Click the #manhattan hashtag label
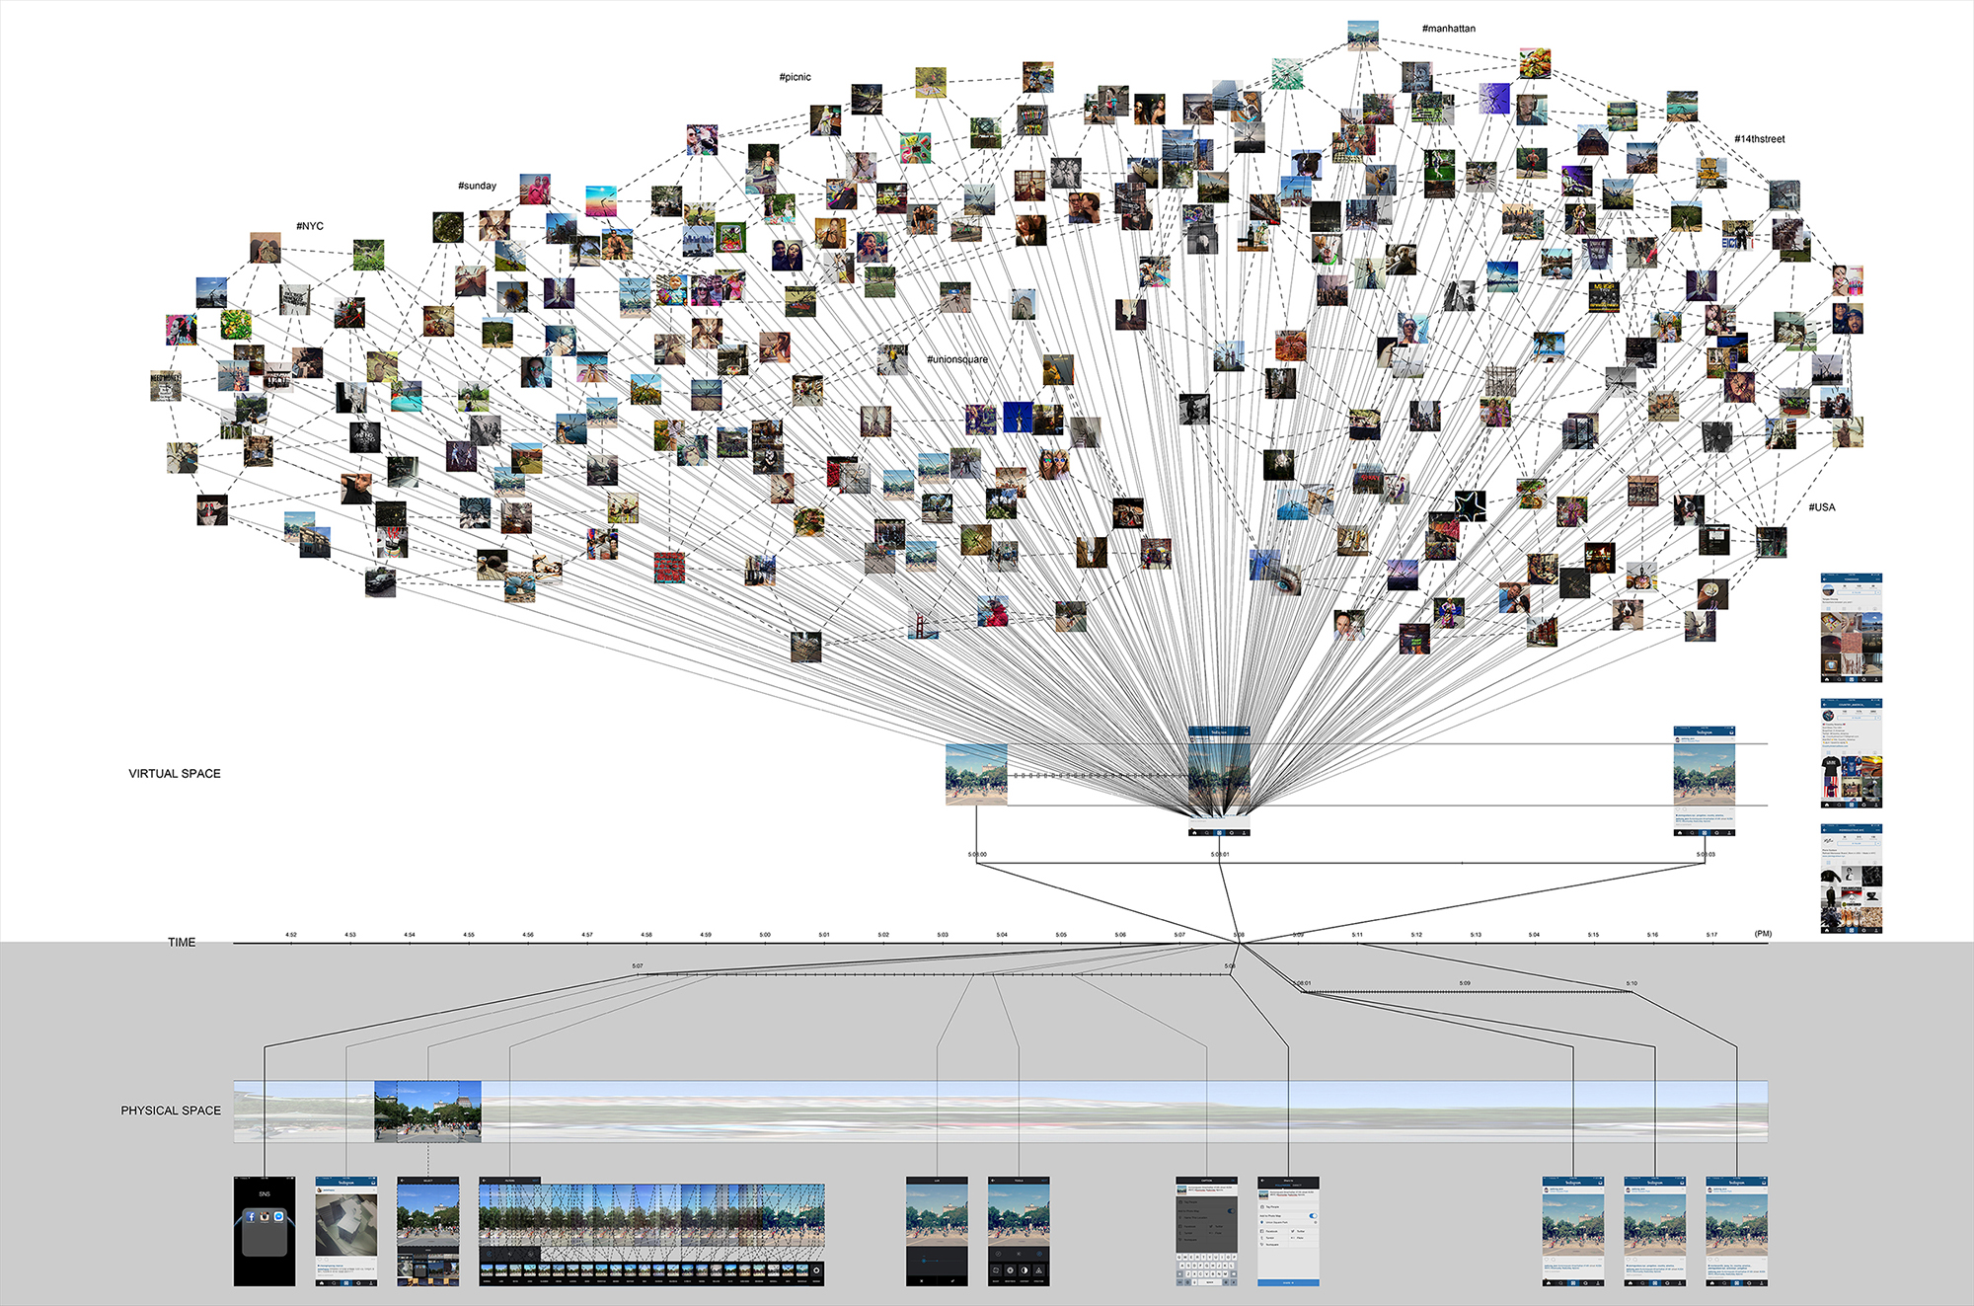pos(1448,29)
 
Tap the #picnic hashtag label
pos(795,77)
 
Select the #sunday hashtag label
pos(477,186)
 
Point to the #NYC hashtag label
pos(310,226)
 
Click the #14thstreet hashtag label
pos(1759,139)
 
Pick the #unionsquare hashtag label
pos(956,359)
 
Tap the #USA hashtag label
pos(1821,507)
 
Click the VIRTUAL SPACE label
pos(175,774)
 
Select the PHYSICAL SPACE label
pos(171,1111)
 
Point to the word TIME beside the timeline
pos(182,943)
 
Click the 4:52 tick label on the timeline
pos(291,934)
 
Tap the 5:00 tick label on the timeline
pos(765,934)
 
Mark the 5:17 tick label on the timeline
pos(1711,934)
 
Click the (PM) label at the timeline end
pos(1763,934)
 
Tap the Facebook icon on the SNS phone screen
pos(251,1217)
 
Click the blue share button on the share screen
pos(1288,1282)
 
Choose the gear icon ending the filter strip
pos(816,1270)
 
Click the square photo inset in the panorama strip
pos(427,1112)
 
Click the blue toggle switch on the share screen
pos(1312,1215)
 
